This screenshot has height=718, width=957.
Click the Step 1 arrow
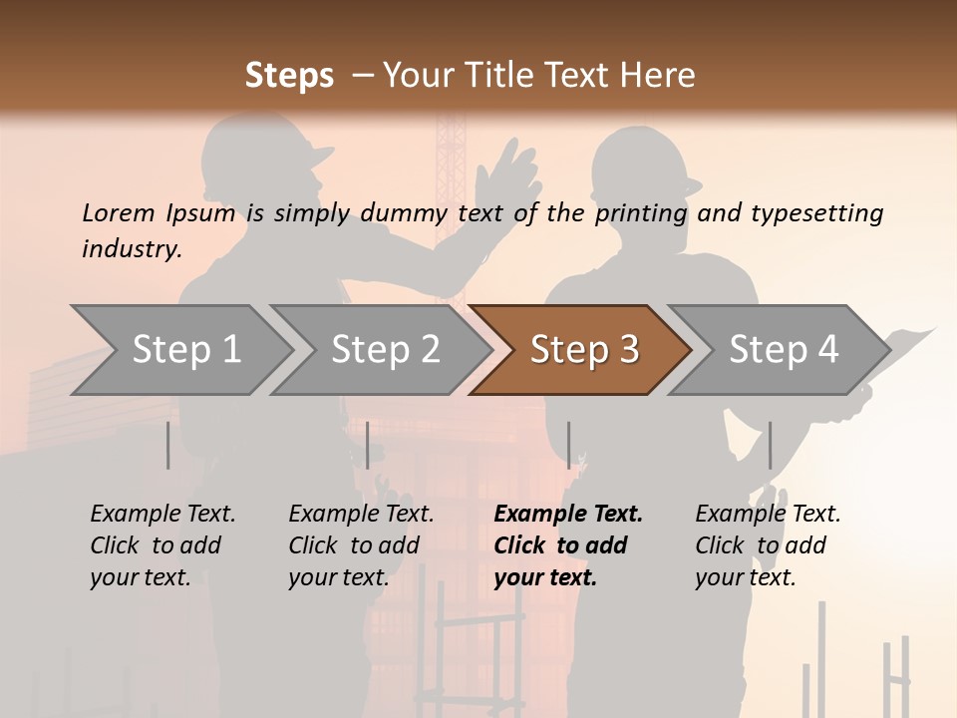click(185, 350)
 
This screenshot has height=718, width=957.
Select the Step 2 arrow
click(385, 350)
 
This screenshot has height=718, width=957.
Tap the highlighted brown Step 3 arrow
click(583, 350)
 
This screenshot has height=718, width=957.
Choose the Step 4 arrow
click(783, 350)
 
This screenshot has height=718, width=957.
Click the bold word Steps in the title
click(289, 76)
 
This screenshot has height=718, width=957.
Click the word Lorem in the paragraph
click(119, 213)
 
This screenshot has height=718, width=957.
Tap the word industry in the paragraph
click(132, 249)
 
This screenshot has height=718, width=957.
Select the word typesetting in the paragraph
click(816, 213)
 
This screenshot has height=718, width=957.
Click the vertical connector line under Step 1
click(168, 445)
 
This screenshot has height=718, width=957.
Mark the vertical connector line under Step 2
click(368, 445)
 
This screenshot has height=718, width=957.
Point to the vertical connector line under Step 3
click(569, 445)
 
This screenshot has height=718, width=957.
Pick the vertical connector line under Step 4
click(770, 445)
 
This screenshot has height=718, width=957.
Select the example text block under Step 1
click(162, 545)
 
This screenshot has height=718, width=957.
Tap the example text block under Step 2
click(361, 545)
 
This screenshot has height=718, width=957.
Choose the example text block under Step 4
click(768, 545)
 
